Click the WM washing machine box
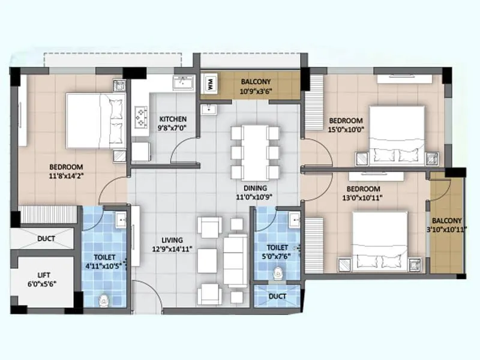(211, 85)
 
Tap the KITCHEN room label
(172, 119)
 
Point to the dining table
(255, 152)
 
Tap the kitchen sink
(181, 84)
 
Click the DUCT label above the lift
(46, 238)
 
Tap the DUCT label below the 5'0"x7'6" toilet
(277, 296)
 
